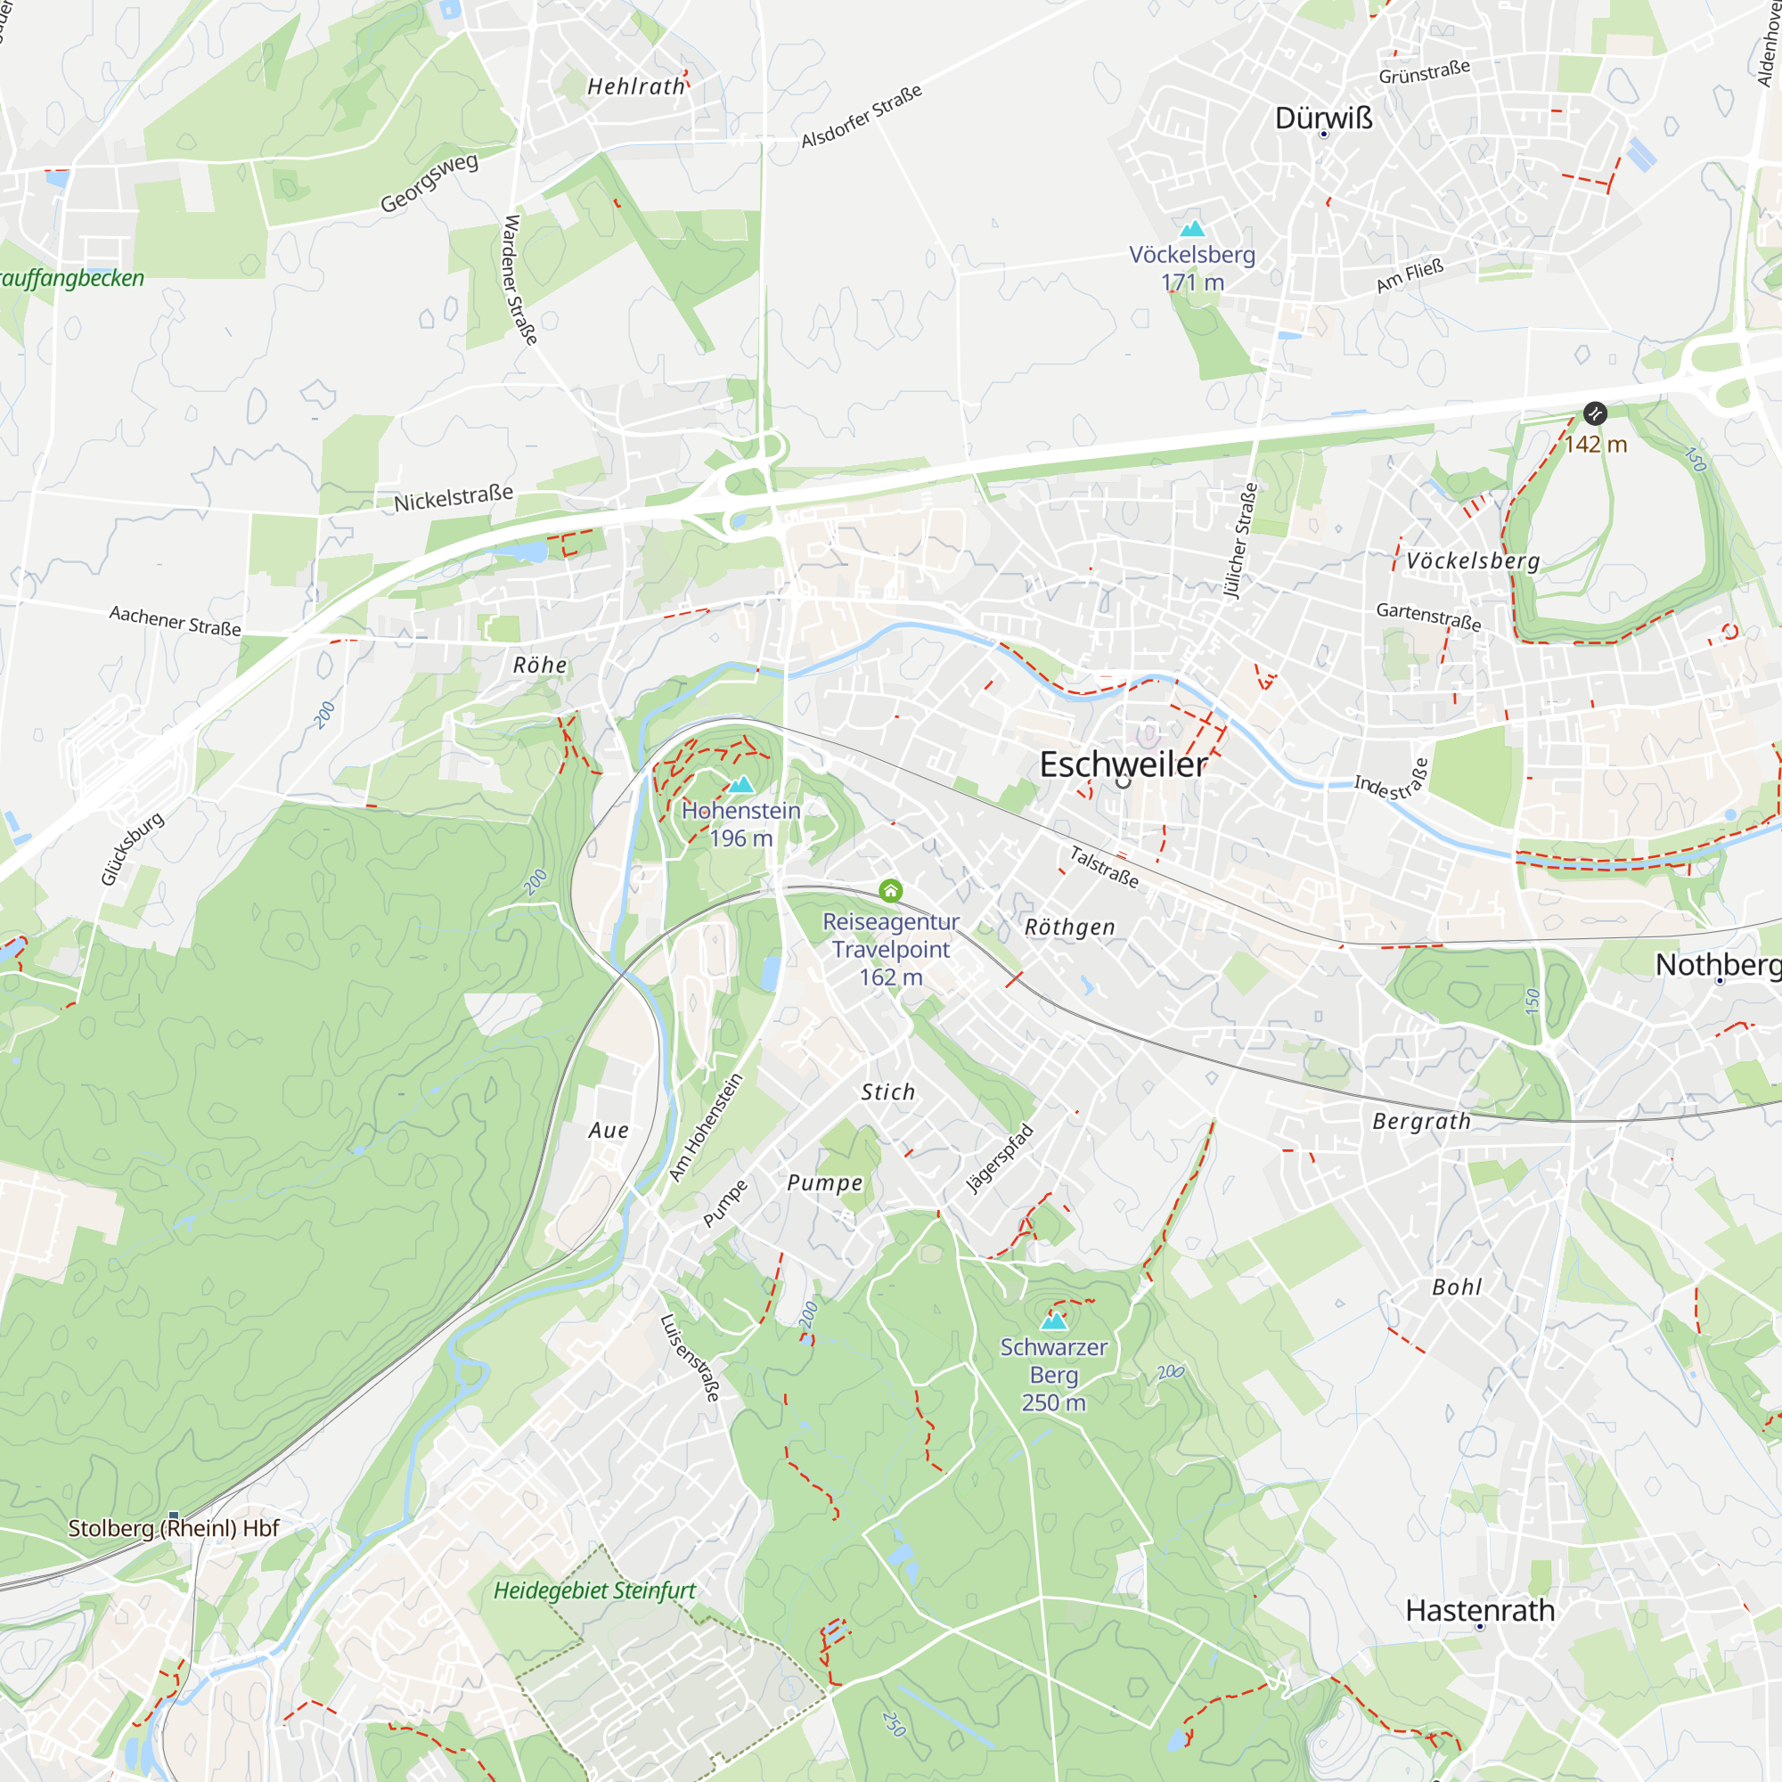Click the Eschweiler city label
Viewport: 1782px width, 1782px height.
(1123, 764)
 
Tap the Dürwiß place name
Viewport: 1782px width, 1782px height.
(1324, 119)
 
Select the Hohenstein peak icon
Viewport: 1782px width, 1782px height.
(740, 785)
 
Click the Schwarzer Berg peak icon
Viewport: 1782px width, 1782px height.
(1053, 1320)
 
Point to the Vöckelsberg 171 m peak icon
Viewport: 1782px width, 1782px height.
(1193, 229)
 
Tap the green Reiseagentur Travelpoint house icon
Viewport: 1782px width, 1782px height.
(890, 890)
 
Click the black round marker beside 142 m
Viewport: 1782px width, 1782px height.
(1595, 413)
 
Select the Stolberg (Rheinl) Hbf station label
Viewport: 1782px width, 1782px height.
(174, 1528)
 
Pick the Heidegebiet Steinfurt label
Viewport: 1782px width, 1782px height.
(595, 1590)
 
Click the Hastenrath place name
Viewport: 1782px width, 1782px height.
(1479, 1610)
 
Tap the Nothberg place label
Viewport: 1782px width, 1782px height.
(1718, 965)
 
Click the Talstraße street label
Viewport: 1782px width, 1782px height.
(1104, 867)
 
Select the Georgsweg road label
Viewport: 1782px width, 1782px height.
(429, 182)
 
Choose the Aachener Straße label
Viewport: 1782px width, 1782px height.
(176, 621)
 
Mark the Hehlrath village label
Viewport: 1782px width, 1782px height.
(636, 86)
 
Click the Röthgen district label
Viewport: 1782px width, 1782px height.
(1070, 927)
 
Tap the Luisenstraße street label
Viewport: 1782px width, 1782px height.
(690, 1358)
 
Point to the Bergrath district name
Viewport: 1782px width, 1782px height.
(1421, 1122)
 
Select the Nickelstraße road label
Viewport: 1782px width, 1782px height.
(453, 498)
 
